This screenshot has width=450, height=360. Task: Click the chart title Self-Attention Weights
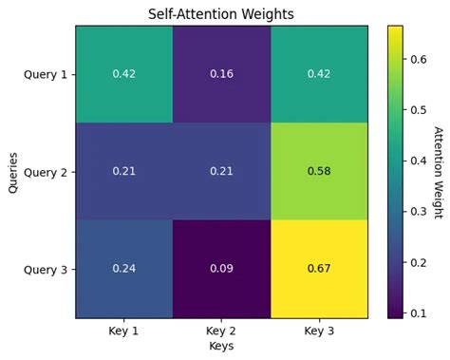click(x=221, y=14)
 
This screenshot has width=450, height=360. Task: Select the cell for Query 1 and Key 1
click(x=124, y=74)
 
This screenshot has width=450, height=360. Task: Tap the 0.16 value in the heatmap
click(x=221, y=74)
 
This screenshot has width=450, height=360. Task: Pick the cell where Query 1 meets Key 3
click(x=319, y=74)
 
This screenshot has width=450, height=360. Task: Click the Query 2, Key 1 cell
click(x=124, y=171)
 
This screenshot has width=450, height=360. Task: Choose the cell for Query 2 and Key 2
click(x=221, y=171)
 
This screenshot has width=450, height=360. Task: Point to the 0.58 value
click(x=319, y=171)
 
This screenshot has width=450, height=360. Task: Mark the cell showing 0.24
click(x=124, y=269)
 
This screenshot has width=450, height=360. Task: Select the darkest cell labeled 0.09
click(x=221, y=269)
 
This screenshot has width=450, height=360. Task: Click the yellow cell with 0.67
click(x=319, y=269)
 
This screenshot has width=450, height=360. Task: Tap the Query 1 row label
click(x=46, y=74)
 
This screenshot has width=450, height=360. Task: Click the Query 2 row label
click(x=46, y=171)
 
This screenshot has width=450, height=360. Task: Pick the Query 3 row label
click(x=46, y=269)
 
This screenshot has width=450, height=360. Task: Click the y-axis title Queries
click(x=12, y=171)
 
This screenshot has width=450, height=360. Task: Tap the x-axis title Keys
click(x=221, y=348)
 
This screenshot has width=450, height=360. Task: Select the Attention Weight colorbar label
click(x=439, y=171)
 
